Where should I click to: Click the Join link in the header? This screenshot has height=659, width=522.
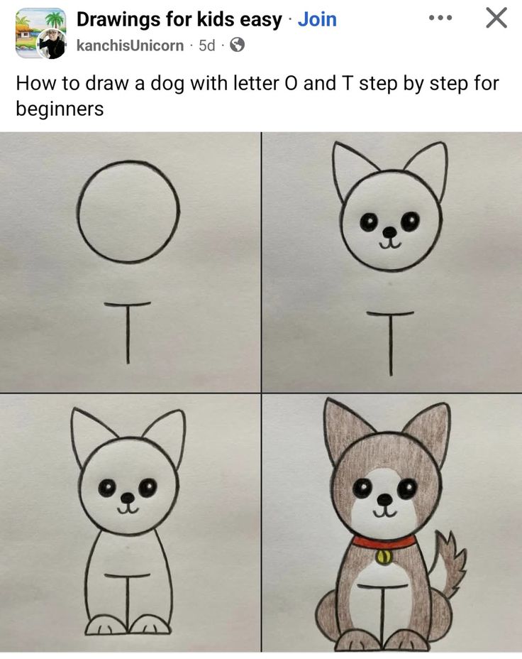[317, 19]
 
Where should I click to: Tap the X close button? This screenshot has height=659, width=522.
[496, 18]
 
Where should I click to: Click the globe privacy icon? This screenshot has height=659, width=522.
[238, 45]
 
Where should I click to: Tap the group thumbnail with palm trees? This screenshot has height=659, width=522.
[40, 23]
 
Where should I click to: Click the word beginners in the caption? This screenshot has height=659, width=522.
[60, 109]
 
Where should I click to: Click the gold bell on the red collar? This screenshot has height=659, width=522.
[384, 557]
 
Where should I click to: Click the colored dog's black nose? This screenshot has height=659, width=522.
[384, 501]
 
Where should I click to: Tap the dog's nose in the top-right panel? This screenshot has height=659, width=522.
[389, 232]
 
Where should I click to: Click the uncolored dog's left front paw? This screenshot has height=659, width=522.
[106, 625]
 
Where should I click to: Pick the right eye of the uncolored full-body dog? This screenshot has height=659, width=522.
[148, 488]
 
